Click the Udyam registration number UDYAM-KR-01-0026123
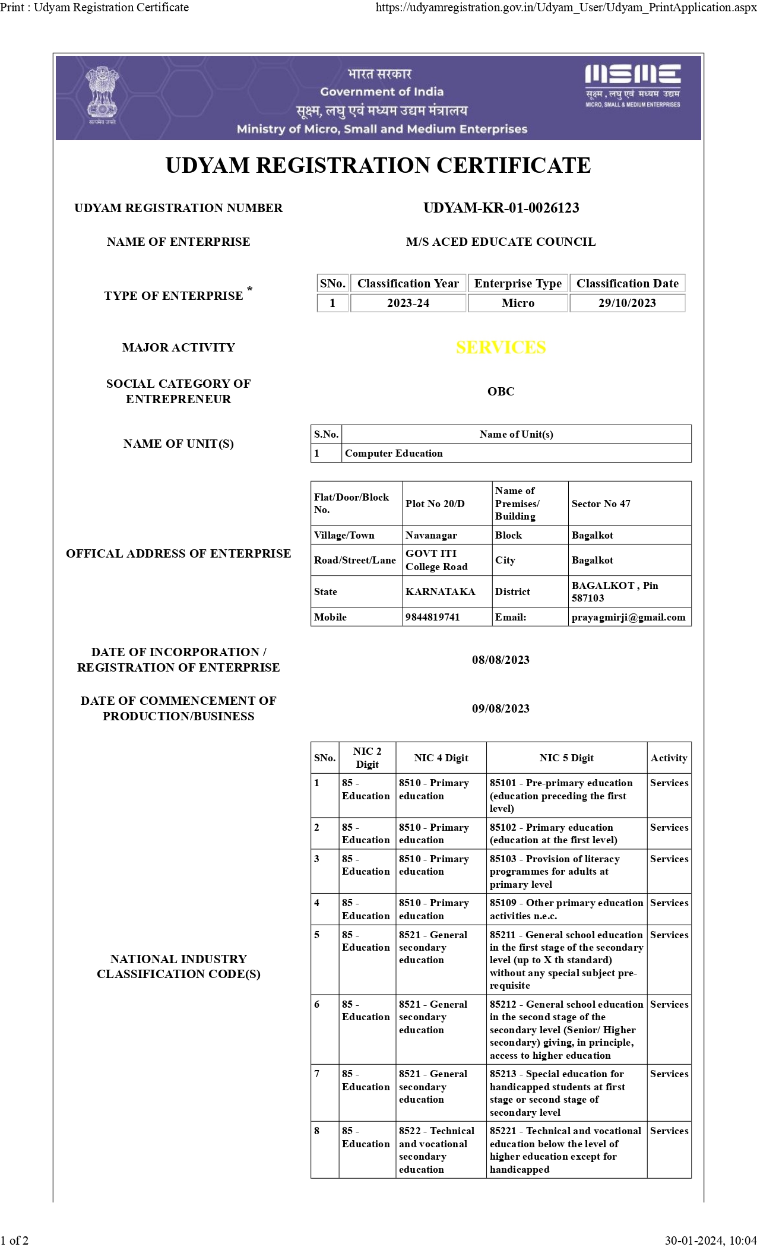click(x=501, y=208)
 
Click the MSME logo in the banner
click(x=632, y=86)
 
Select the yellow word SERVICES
click(x=501, y=347)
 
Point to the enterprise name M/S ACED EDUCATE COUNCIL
click(x=501, y=242)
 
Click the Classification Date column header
click(x=627, y=283)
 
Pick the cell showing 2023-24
click(x=408, y=303)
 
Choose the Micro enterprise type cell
click(x=518, y=303)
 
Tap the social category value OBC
click(x=501, y=391)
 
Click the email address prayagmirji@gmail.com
click(x=628, y=617)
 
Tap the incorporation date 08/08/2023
click(x=501, y=660)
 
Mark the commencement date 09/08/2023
click(x=501, y=708)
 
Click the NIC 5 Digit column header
click(x=566, y=758)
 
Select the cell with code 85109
click(x=566, y=909)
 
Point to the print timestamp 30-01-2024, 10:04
click(x=710, y=1240)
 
